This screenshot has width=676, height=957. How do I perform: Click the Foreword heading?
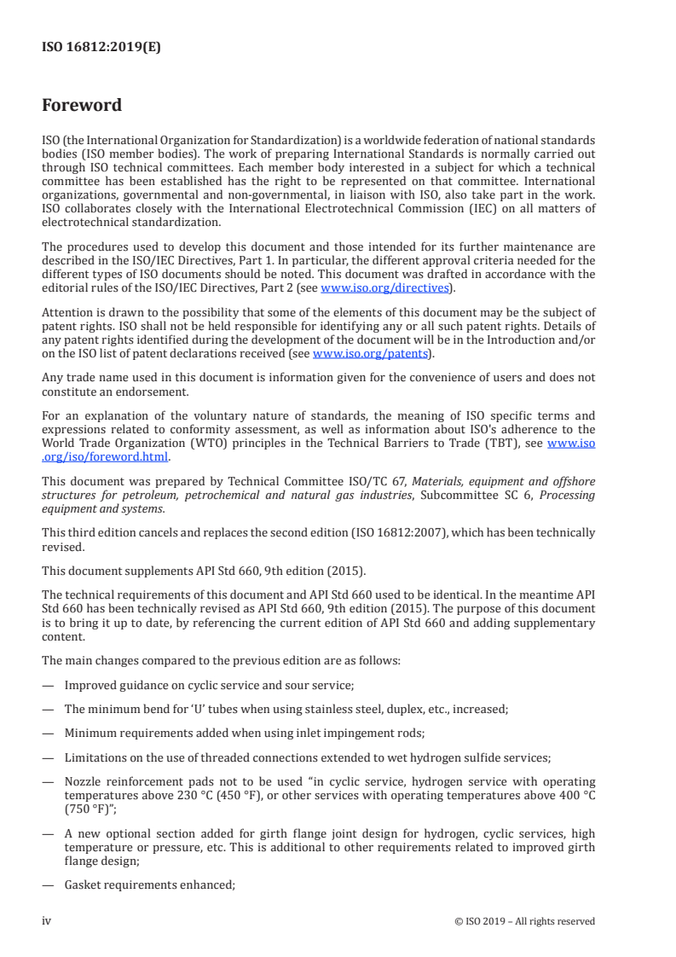click(x=82, y=106)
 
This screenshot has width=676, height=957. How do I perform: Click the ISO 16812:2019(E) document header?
click(x=101, y=48)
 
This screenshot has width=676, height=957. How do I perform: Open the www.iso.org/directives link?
click(x=384, y=288)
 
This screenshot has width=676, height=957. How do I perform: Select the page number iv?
click(x=47, y=921)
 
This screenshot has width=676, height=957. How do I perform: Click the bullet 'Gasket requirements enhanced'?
click(x=149, y=885)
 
